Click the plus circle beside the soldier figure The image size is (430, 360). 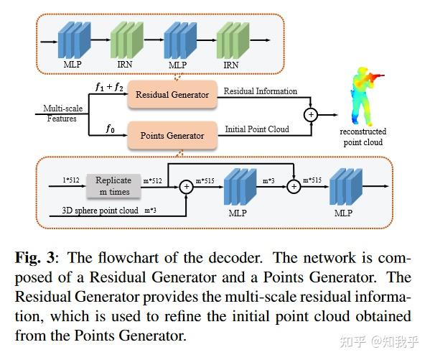pos(311,114)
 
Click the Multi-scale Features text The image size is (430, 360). pos(60,113)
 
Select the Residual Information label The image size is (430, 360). pos(260,92)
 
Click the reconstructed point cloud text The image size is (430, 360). pos(363,137)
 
